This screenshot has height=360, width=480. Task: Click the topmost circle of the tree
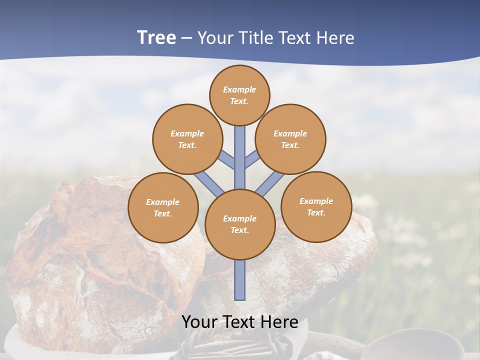[x=239, y=95]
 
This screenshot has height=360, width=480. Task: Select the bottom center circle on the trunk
[x=240, y=224]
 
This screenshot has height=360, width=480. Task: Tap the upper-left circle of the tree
[x=187, y=139]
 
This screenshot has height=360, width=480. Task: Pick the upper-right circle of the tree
[x=290, y=139]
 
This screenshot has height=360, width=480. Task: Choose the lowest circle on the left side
[x=163, y=207]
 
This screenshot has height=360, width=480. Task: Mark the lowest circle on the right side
[x=316, y=206]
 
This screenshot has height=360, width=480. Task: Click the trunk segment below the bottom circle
[x=240, y=280]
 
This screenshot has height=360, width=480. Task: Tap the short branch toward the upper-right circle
[x=252, y=159]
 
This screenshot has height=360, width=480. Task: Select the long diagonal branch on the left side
[x=209, y=183]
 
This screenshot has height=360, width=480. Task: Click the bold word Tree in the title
[x=156, y=37]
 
